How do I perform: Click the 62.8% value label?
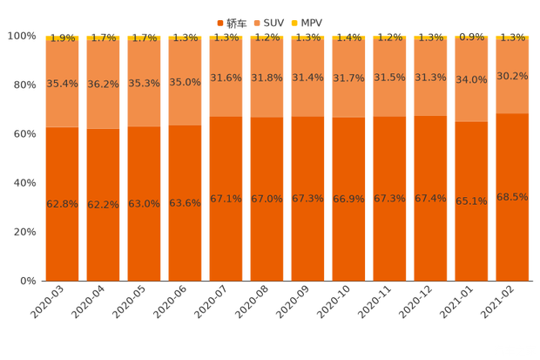click(62, 203)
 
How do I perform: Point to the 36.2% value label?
click(103, 85)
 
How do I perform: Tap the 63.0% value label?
click(144, 203)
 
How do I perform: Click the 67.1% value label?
click(226, 199)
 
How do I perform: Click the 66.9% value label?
click(348, 199)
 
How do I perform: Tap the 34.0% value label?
click(471, 79)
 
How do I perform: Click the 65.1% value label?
click(471, 200)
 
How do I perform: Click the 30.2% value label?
click(512, 76)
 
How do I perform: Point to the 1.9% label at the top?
click(62, 37)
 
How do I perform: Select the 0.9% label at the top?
click(471, 37)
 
